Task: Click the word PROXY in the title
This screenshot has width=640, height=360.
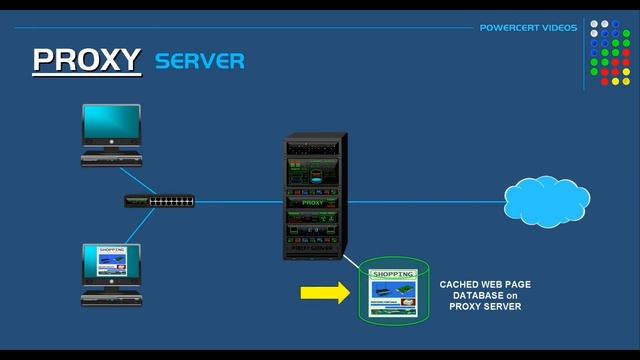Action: click(x=86, y=60)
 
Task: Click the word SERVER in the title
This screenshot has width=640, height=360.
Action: click(x=199, y=61)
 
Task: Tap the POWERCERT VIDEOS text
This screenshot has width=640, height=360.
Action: click(x=528, y=27)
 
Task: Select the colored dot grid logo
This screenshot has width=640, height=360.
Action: click(x=612, y=51)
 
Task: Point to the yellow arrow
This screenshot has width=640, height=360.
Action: click(x=320, y=294)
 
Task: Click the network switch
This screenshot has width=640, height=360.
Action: click(x=159, y=200)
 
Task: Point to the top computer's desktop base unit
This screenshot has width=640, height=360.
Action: click(x=110, y=158)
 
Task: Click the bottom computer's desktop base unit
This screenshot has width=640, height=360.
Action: click(x=110, y=297)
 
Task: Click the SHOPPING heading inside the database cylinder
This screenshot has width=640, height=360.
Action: click(x=393, y=274)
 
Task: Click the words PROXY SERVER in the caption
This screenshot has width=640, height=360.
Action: click(x=485, y=307)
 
